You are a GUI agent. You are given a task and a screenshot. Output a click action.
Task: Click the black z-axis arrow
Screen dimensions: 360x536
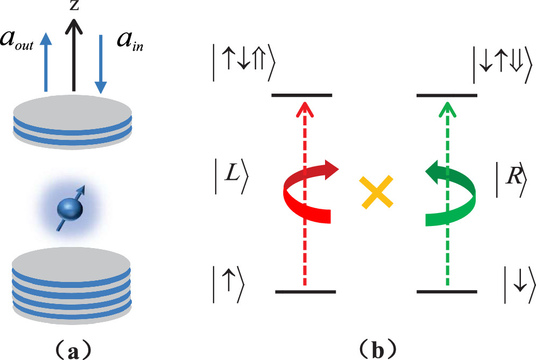(x=74, y=54)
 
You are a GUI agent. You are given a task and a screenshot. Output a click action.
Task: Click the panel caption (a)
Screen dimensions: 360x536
(x=71, y=349)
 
